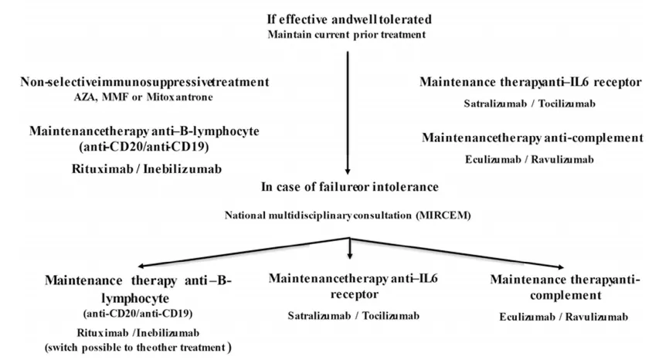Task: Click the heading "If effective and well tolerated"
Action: tap(349, 19)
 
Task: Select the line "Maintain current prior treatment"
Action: tap(347, 35)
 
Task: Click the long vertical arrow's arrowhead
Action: tap(348, 172)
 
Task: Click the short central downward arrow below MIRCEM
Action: tap(350, 249)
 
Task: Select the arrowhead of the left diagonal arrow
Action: tap(141, 266)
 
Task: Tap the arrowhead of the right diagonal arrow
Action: tap(560, 267)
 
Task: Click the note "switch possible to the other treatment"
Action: tap(138, 348)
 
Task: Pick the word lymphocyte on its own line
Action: tap(135, 299)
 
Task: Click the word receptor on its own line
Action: tap(355, 294)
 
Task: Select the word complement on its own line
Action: tap(566, 295)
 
